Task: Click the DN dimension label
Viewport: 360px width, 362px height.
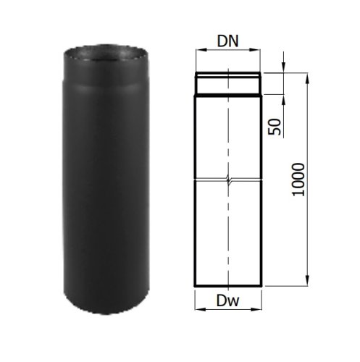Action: tap(227, 41)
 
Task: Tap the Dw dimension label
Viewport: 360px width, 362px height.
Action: tap(227, 300)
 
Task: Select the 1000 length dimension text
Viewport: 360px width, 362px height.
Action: tap(298, 180)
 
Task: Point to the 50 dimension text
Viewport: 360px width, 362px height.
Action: tap(275, 127)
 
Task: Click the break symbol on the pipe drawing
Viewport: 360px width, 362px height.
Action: tap(228, 180)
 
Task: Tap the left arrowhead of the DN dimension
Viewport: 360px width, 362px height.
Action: tap(200, 50)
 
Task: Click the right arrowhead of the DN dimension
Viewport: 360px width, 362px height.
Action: tap(256, 50)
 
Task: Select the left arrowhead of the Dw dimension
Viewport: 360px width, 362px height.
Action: tap(199, 309)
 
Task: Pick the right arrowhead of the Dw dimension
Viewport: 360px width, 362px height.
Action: tap(257, 309)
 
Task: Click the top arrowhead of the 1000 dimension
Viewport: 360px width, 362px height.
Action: tap(307, 79)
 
